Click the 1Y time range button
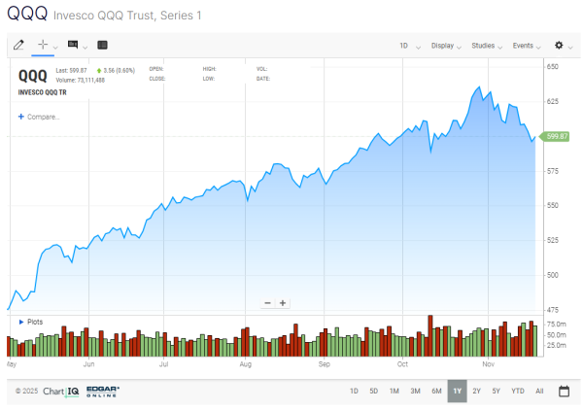point(457,391)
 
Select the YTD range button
point(517,391)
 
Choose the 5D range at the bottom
point(373,391)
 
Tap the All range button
point(539,391)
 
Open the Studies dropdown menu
point(485,45)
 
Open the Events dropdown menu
point(526,45)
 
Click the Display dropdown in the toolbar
point(445,45)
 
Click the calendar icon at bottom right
point(564,391)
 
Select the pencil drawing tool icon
point(18,45)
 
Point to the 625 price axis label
point(553,101)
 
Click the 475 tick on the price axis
point(553,310)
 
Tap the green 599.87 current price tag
point(557,137)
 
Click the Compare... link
point(41,117)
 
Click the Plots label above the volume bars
point(34,322)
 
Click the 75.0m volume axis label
point(557,323)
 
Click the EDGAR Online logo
point(102,391)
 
